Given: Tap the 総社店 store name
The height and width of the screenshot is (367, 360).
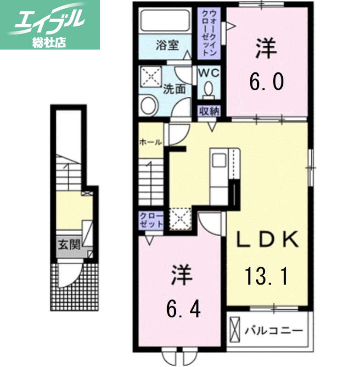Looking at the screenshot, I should [x=49, y=43].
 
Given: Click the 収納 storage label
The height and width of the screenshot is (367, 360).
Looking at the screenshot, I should [x=209, y=111].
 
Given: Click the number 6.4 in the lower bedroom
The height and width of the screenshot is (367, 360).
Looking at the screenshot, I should [x=183, y=310].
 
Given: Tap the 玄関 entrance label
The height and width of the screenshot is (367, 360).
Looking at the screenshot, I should [x=68, y=244].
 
